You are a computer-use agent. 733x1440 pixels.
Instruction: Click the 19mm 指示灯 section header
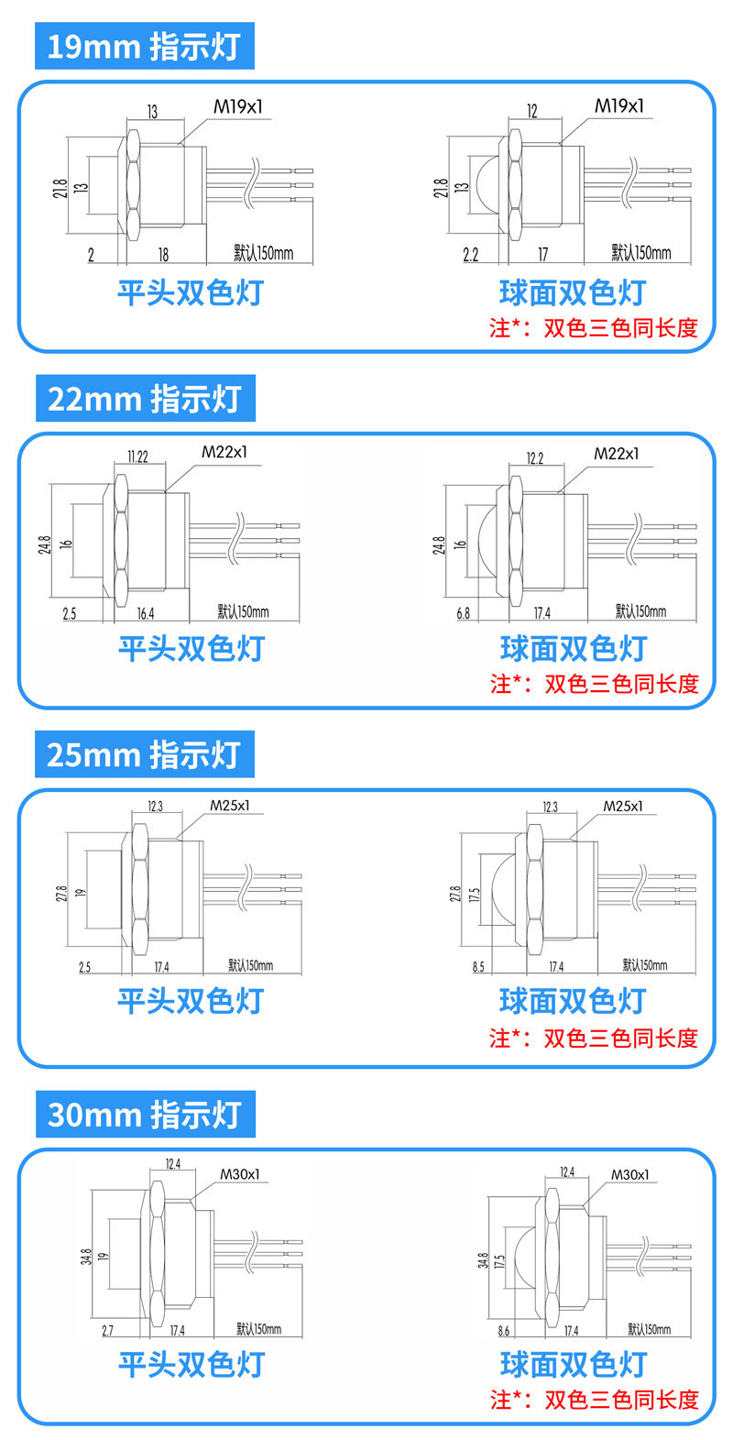[144, 47]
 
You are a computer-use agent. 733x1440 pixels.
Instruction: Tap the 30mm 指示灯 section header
[145, 1115]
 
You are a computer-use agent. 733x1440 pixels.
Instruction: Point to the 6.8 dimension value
[463, 613]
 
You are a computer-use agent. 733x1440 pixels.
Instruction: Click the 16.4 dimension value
[145, 613]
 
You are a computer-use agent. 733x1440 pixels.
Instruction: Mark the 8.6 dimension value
[503, 1330]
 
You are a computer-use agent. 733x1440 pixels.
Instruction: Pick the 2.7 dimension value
[107, 1330]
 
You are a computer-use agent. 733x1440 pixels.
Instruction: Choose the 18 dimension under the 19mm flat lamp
[163, 255]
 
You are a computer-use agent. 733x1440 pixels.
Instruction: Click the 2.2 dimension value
[470, 255]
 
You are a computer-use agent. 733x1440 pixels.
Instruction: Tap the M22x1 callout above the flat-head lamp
[224, 452]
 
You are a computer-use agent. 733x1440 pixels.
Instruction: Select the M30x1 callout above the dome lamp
[629, 1174]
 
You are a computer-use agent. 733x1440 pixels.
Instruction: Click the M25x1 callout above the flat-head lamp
[230, 806]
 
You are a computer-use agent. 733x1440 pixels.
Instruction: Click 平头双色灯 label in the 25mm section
[191, 1000]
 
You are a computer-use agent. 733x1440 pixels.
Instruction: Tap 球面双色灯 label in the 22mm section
[573, 648]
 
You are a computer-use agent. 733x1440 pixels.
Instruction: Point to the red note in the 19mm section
[594, 327]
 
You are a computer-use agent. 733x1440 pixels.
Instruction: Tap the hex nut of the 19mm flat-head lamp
[132, 182]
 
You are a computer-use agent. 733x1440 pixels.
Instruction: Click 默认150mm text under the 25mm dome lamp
[645, 965]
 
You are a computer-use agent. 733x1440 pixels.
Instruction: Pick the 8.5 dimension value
[478, 967]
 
